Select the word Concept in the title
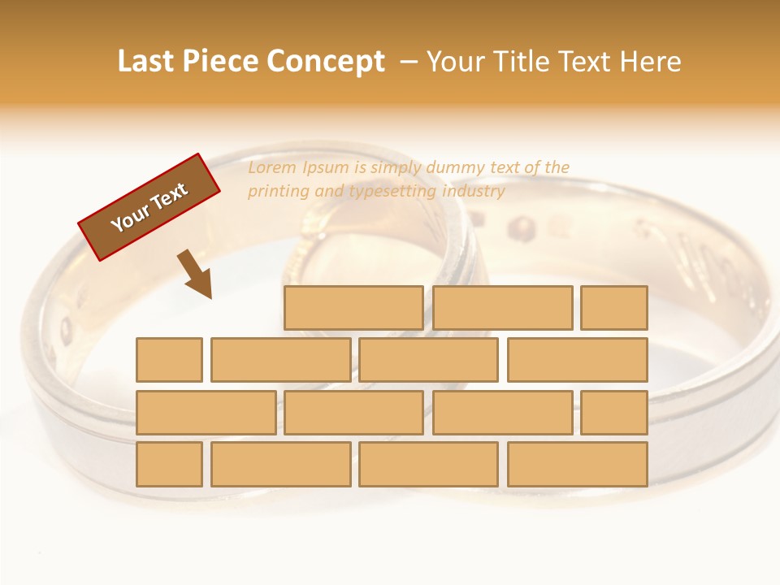[x=327, y=61]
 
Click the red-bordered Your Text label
[x=149, y=207]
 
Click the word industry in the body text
[x=474, y=192]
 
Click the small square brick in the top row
[x=614, y=308]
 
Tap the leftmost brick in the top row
[x=353, y=308]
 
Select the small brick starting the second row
[x=169, y=360]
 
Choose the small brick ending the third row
[x=614, y=412]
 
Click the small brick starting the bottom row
[x=169, y=464]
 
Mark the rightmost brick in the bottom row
[x=578, y=464]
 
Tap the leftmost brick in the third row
[x=206, y=412]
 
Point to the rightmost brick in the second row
[x=578, y=360]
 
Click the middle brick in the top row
[x=502, y=308]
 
